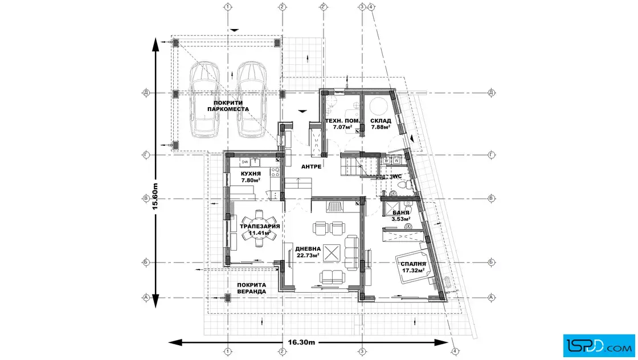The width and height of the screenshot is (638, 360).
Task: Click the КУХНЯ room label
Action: pyautogui.click(x=251, y=174)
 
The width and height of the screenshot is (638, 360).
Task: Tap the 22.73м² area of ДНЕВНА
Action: pyautogui.click(x=308, y=255)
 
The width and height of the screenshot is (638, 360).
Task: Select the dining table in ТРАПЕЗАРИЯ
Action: pyautogui.click(x=259, y=228)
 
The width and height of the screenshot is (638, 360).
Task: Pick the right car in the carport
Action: pyautogui.click(x=251, y=99)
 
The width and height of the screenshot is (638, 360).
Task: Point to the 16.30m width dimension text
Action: pyautogui.click(x=301, y=342)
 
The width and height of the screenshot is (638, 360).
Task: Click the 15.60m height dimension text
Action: pyautogui.click(x=154, y=197)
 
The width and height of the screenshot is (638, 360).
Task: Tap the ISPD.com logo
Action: pyautogui.click(x=599, y=346)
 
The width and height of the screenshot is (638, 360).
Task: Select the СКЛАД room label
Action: pyautogui.click(x=381, y=121)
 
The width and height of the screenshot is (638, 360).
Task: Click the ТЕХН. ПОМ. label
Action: pyautogui.click(x=342, y=121)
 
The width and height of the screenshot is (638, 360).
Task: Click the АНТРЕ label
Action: pyautogui.click(x=311, y=166)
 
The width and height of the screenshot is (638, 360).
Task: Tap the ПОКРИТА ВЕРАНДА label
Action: pyautogui.click(x=251, y=288)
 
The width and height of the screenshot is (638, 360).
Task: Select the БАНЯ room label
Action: pyautogui.click(x=401, y=212)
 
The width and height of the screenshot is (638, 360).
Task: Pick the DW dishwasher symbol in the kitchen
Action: pyautogui.click(x=245, y=162)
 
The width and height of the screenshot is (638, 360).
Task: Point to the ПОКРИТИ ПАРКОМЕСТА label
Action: pyautogui.click(x=228, y=106)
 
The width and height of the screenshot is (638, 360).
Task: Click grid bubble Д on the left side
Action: pyautogui.click(x=146, y=93)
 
